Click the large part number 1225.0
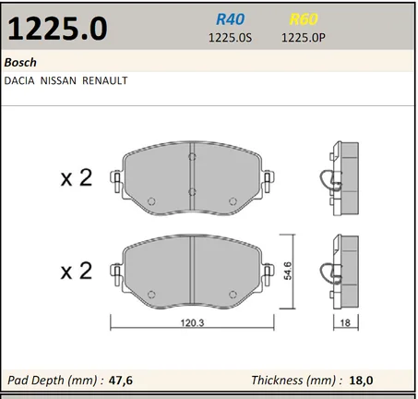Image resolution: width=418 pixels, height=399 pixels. coord(57,29)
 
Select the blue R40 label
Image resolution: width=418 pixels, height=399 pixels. coord(230,19)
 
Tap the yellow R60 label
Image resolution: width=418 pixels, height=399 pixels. coord(304,19)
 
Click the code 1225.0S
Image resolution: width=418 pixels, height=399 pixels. coord(230,38)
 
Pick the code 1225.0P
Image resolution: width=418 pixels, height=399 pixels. coord(304,38)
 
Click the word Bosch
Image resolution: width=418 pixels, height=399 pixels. coord(20,63)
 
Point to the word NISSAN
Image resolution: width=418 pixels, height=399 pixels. coord(58,80)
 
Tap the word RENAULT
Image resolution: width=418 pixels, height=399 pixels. coord(104,80)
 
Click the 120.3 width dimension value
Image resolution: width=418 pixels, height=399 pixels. coord(192,322)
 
